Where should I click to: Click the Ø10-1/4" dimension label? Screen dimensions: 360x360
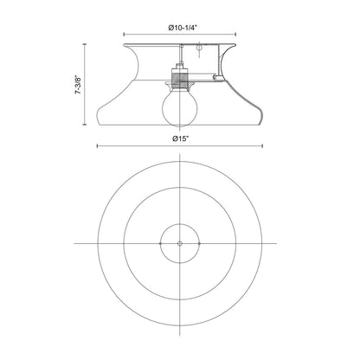[x=180, y=28]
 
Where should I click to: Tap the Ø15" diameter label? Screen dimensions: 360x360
[x=180, y=138]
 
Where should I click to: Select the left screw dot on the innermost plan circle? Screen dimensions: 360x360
[x=161, y=245]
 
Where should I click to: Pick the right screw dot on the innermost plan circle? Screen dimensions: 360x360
[x=199, y=245]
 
